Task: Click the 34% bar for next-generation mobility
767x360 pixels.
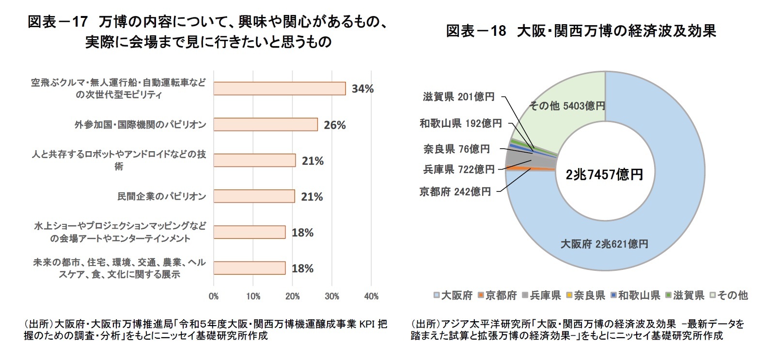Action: click(x=280, y=89)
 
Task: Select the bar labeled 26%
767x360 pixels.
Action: click(x=266, y=125)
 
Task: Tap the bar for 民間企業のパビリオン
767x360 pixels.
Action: click(x=254, y=196)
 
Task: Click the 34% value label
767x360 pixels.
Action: click(x=362, y=89)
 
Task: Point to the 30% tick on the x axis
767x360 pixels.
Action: click(x=332, y=296)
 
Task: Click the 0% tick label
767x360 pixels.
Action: click(x=214, y=296)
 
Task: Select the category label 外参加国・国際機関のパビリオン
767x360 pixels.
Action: click(x=140, y=125)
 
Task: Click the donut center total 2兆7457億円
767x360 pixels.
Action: click(x=604, y=174)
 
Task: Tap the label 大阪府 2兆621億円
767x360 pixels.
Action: click(x=604, y=244)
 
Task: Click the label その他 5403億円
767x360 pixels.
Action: click(x=567, y=106)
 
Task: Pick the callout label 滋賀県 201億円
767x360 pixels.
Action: click(x=458, y=97)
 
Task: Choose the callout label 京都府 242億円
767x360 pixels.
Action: click(x=455, y=192)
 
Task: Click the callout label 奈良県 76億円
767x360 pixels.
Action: click(x=456, y=149)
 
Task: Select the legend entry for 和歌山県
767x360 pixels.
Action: click(x=635, y=295)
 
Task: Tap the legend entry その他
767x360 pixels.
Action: click(x=729, y=295)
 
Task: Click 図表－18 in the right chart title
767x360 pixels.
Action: click(x=475, y=31)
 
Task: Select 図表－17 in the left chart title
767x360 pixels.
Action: click(x=57, y=22)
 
